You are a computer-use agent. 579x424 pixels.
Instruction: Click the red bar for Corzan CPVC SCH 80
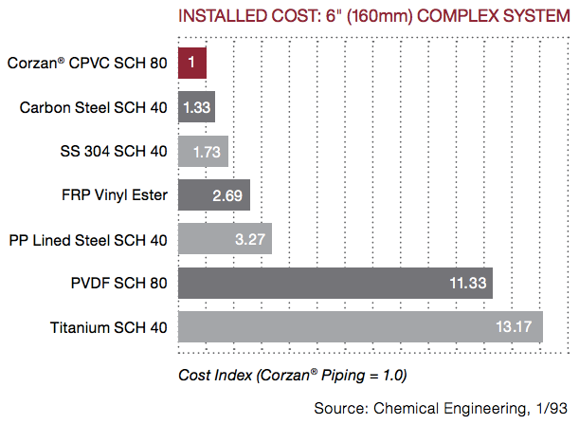pos(192,64)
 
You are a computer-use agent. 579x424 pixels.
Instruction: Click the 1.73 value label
pos(208,152)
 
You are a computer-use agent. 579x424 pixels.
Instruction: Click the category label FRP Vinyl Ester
pos(113,195)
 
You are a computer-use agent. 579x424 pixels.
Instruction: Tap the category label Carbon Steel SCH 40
pos(94,107)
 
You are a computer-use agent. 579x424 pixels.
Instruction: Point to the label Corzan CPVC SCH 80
pos(87,64)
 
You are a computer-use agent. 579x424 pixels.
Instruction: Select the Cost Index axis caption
pos(292,375)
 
